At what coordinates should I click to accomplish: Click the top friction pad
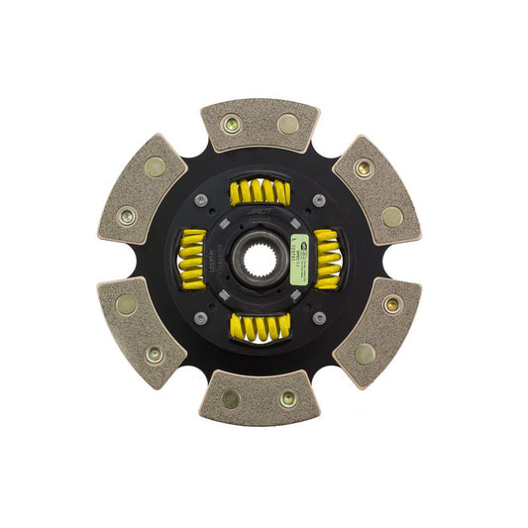coord(260,126)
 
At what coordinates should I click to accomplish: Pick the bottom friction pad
coord(260,396)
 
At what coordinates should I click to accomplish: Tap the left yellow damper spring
coord(192,260)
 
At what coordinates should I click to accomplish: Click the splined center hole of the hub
coord(259,261)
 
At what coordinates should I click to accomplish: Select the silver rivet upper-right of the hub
coord(319,201)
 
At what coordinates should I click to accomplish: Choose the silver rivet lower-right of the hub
coord(319,318)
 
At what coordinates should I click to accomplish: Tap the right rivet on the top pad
coord(287,124)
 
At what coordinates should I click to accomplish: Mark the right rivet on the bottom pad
coord(287,398)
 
